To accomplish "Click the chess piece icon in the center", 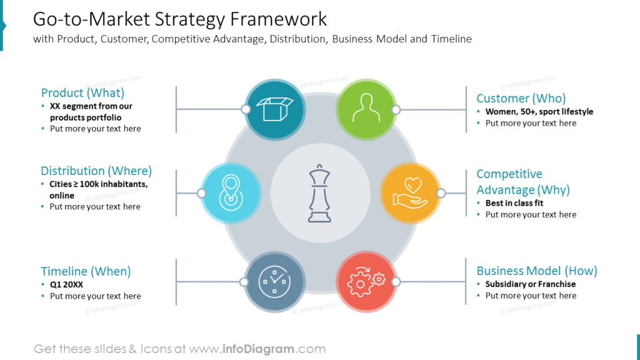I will tap(320, 194).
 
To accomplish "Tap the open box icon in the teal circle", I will tap(275, 109).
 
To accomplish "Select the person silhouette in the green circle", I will tap(366, 109).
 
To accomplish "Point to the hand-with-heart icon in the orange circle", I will tap(410, 193).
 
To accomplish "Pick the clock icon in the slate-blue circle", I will tap(275, 282).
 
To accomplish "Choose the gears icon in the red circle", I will tap(366, 282).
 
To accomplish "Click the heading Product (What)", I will tap(82, 92).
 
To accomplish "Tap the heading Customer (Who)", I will tap(521, 98).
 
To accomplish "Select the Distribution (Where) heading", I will tap(96, 171).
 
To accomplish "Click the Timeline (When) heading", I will tap(86, 271).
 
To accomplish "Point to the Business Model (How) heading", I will tap(536, 271).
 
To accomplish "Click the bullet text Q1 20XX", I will tap(66, 284).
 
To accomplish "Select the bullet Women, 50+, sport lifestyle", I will tap(539, 112).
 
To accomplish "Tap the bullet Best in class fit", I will tap(514, 203).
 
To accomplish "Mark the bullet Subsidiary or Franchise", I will tap(530, 284).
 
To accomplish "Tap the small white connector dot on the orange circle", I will tap(441, 193).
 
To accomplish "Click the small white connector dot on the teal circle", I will tap(246, 109).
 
